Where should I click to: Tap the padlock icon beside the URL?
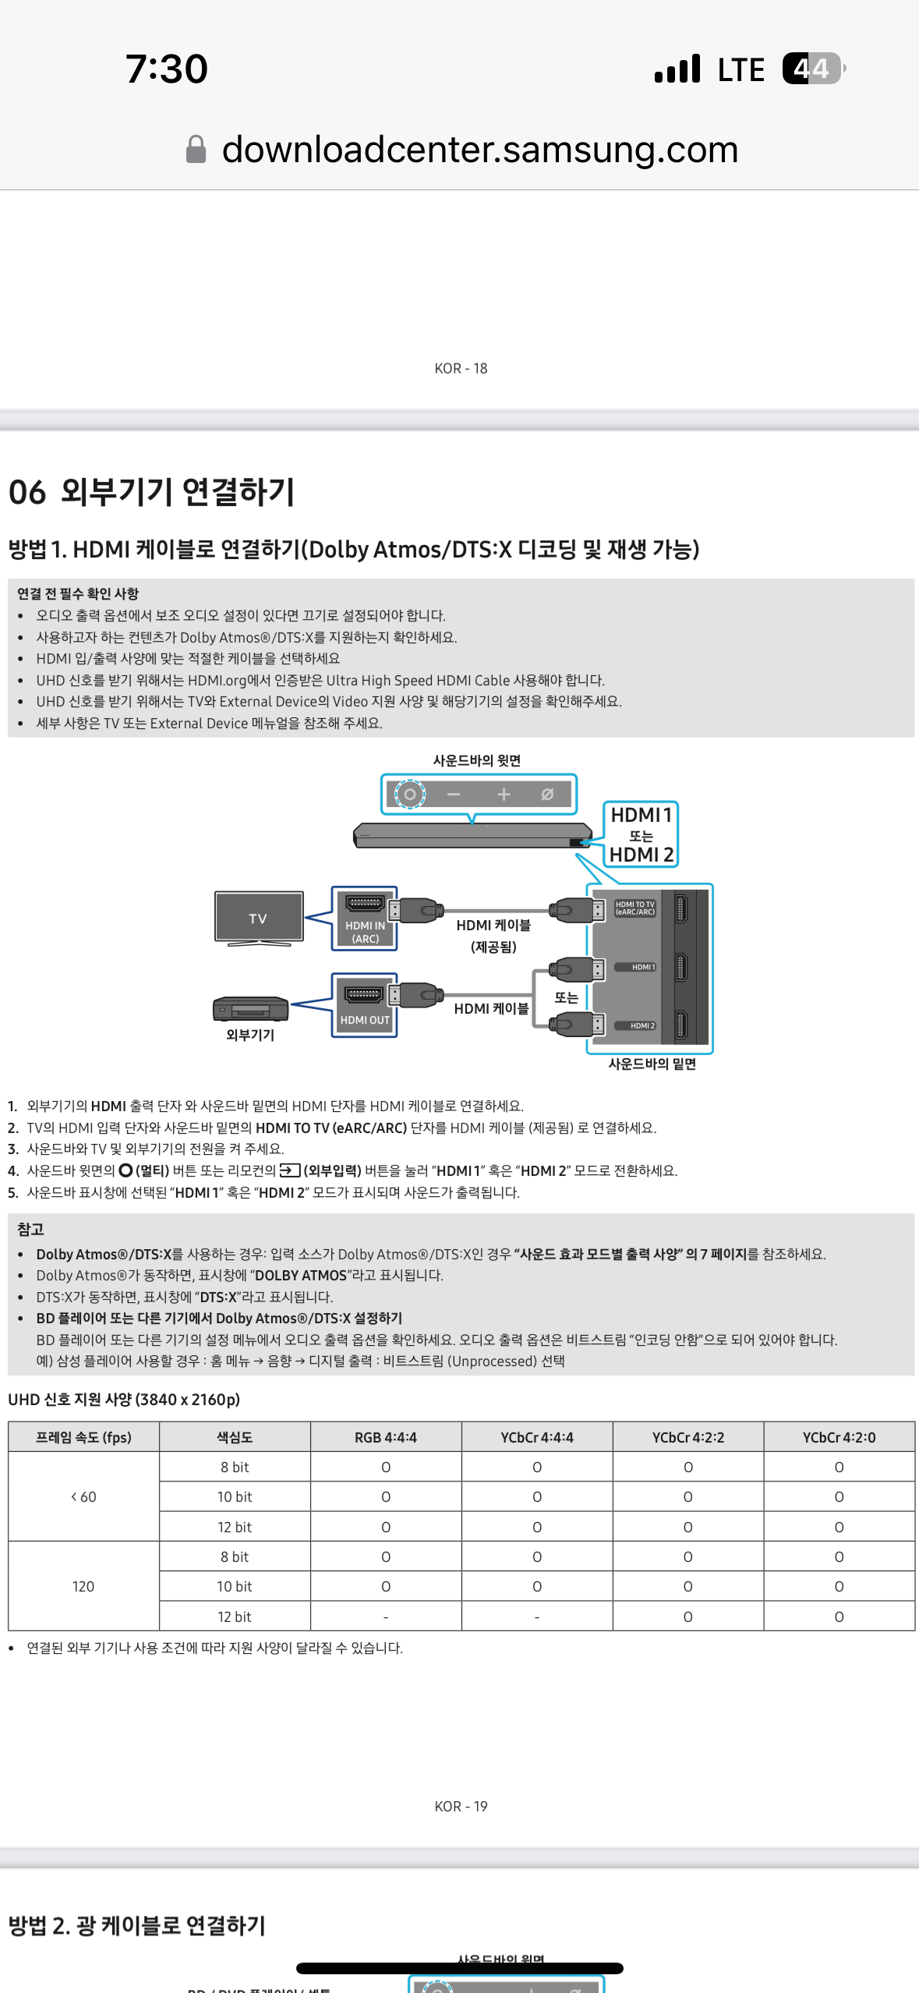click(x=196, y=149)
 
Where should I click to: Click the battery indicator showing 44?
click(x=813, y=69)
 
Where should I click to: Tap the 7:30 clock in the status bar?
click(x=167, y=69)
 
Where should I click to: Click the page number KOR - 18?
click(x=461, y=368)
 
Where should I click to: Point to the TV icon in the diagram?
click(x=259, y=918)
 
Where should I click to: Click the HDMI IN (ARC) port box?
click(x=365, y=919)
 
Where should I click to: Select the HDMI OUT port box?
click(x=365, y=1005)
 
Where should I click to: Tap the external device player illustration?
click(x=250, y=1009)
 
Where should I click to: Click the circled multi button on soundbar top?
click(x=410, y=795)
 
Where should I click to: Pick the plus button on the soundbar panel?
click(x=504, y=795)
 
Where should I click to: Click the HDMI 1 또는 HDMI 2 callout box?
click(x=641, y=834)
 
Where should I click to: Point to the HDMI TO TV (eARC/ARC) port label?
click(x=634, y=908)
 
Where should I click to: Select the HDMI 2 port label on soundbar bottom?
click(x=642, y=1025)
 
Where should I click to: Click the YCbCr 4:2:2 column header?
click(x=688, y=1437)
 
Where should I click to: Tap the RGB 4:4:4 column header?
click(x=386, y=1437)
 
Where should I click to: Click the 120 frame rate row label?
click(x=83, y=1586)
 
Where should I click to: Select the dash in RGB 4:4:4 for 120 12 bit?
click(x=386, y=1616)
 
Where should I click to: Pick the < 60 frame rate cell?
click(x=83, y=1496)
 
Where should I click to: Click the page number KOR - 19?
click(x=461, y=1807)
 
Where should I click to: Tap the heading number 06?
click(x=27, y=492)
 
